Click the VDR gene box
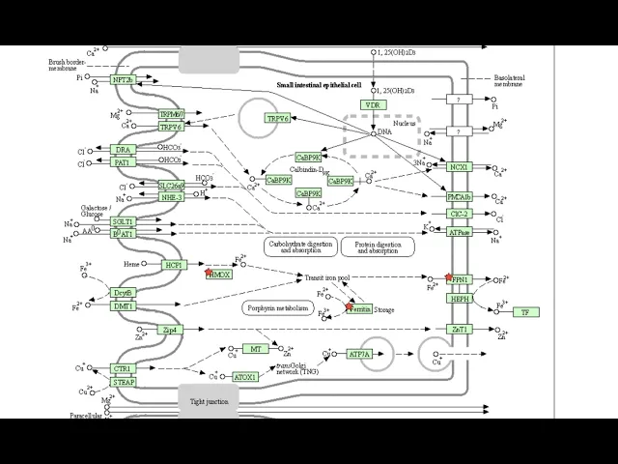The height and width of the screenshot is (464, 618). [x=372, y=104]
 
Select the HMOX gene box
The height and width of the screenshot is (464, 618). [x=219, y=275]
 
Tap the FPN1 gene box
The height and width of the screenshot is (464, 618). [x=460, y=279]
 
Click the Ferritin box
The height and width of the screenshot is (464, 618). [x=360, y=309]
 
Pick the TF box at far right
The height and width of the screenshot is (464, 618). [x=524, y=312]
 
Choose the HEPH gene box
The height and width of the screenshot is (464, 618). [x=460, y=300]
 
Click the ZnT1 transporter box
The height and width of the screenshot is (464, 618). [x=460, y=330]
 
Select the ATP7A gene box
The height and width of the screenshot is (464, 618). [x=359, y=355]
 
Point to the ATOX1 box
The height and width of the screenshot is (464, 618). [x=245, y=376]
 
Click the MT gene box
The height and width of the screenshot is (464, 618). [x=255, y=349]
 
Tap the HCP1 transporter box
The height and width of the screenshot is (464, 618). [x=174, y=264]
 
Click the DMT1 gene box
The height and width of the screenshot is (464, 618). [x=124, y=306]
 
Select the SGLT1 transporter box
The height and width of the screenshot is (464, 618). [x=124, y=221]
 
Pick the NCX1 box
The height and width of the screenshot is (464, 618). [x=460, y=167]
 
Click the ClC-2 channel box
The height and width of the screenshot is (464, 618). [x=460, y=214]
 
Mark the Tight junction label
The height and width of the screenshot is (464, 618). [x=208, y=401]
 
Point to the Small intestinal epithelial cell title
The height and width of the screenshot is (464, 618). [x=318, y=85]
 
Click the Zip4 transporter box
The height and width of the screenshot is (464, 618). [x=170, y=330]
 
